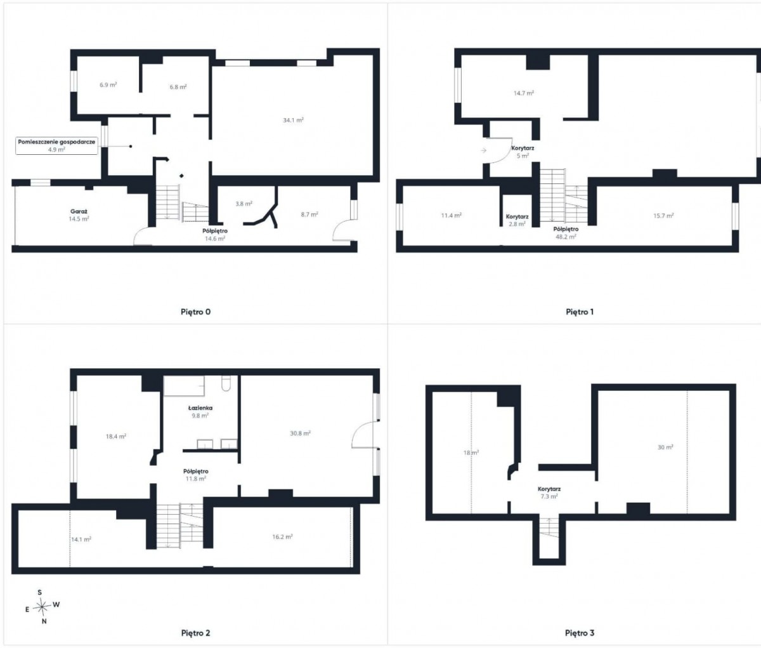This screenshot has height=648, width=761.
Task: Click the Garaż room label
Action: pyautogui.click(x=79, y=211)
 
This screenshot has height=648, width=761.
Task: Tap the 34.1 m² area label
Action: pyautogui.click(x=293, y=120)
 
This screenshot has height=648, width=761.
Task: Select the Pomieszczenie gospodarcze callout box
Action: pyautogui.click(x=56, y=145)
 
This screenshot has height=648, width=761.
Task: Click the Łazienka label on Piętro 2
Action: pyautogui.click(x=200, y=408)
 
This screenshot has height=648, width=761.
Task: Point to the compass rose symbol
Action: pyautogui.click(x=42, y=606)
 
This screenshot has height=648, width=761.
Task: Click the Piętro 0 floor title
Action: pyautogui.click(x=195, y=312)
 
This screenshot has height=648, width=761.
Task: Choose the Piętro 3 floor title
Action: pyautogui.click(x=580, y=633)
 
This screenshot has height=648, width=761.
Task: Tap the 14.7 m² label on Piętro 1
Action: pyautogui.click(x=524, y=93)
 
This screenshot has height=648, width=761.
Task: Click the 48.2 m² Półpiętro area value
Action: pyautogui.click(x=566, y=237)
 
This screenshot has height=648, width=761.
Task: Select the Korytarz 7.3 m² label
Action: pyautogui.click(x=549, y=493)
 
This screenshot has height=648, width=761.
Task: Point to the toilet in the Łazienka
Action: pyautogui.click(x=226, y=383)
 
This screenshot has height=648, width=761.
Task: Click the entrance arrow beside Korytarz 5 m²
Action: pyautogui.click(x=483, y=150)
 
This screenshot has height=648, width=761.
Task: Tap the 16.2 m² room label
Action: pyautogui.click(x=282, y=537)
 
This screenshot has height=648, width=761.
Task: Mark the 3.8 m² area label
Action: pyautogui.click(x=244, y=204)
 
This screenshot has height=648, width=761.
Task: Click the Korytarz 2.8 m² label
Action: pyautogui.click(x=517, y=220)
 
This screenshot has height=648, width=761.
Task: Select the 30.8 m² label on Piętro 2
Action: pyautogui.click(x=300, y=433)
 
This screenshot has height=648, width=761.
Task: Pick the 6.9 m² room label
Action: pyautogui.click(x=108, y=85)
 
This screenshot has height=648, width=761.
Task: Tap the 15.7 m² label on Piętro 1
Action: pyautogui.click(x=663, y=216)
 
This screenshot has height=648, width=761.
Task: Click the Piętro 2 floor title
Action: pyautogui.click(x=195, y=633)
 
